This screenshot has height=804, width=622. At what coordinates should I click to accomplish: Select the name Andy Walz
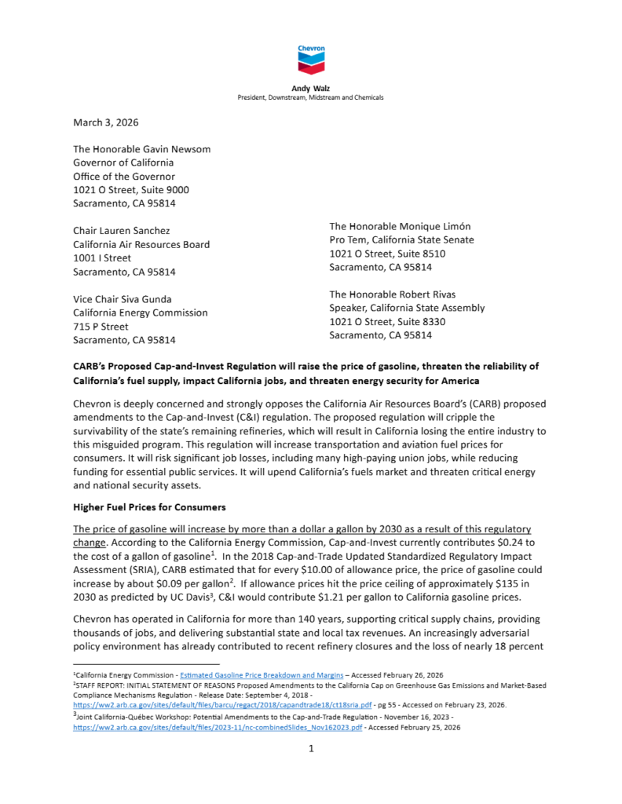click(310, 89)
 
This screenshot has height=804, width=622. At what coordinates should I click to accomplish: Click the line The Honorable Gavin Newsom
click(141, 149)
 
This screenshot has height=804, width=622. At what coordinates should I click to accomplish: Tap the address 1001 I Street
click(102, 258)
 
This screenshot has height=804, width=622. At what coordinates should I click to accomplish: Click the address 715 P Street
click(101, 326)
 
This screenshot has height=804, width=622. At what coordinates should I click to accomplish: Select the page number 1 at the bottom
click(311, 749)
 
